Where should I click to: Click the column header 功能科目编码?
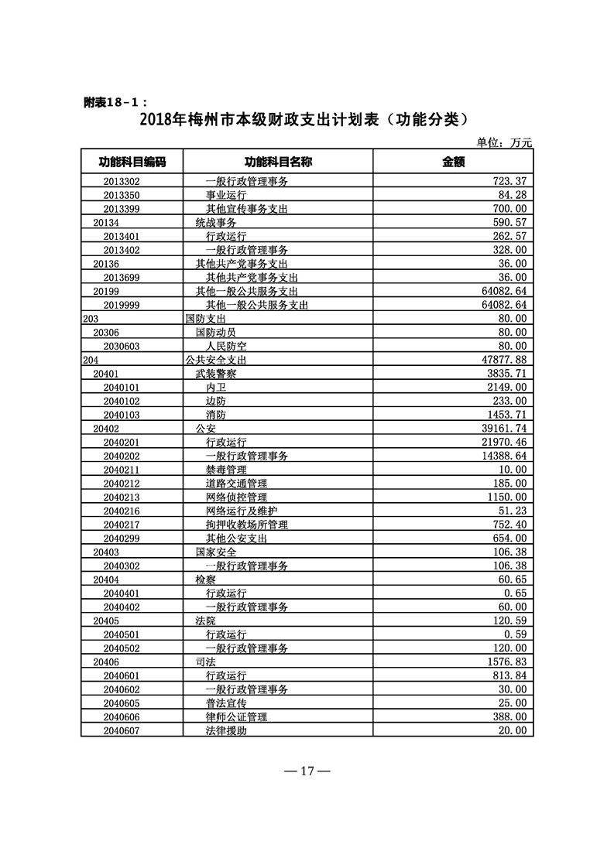132,162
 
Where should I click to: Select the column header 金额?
453,162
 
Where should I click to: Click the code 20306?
105,332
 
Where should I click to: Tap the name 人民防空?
226,346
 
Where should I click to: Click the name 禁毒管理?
226,470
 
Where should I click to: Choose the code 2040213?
122,498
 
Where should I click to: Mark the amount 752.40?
509,525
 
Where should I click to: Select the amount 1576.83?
506,662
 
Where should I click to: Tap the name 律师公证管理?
236,717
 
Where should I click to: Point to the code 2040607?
122,731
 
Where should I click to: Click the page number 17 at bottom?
307,771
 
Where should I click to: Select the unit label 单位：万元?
505,142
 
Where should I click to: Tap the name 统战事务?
216,222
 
